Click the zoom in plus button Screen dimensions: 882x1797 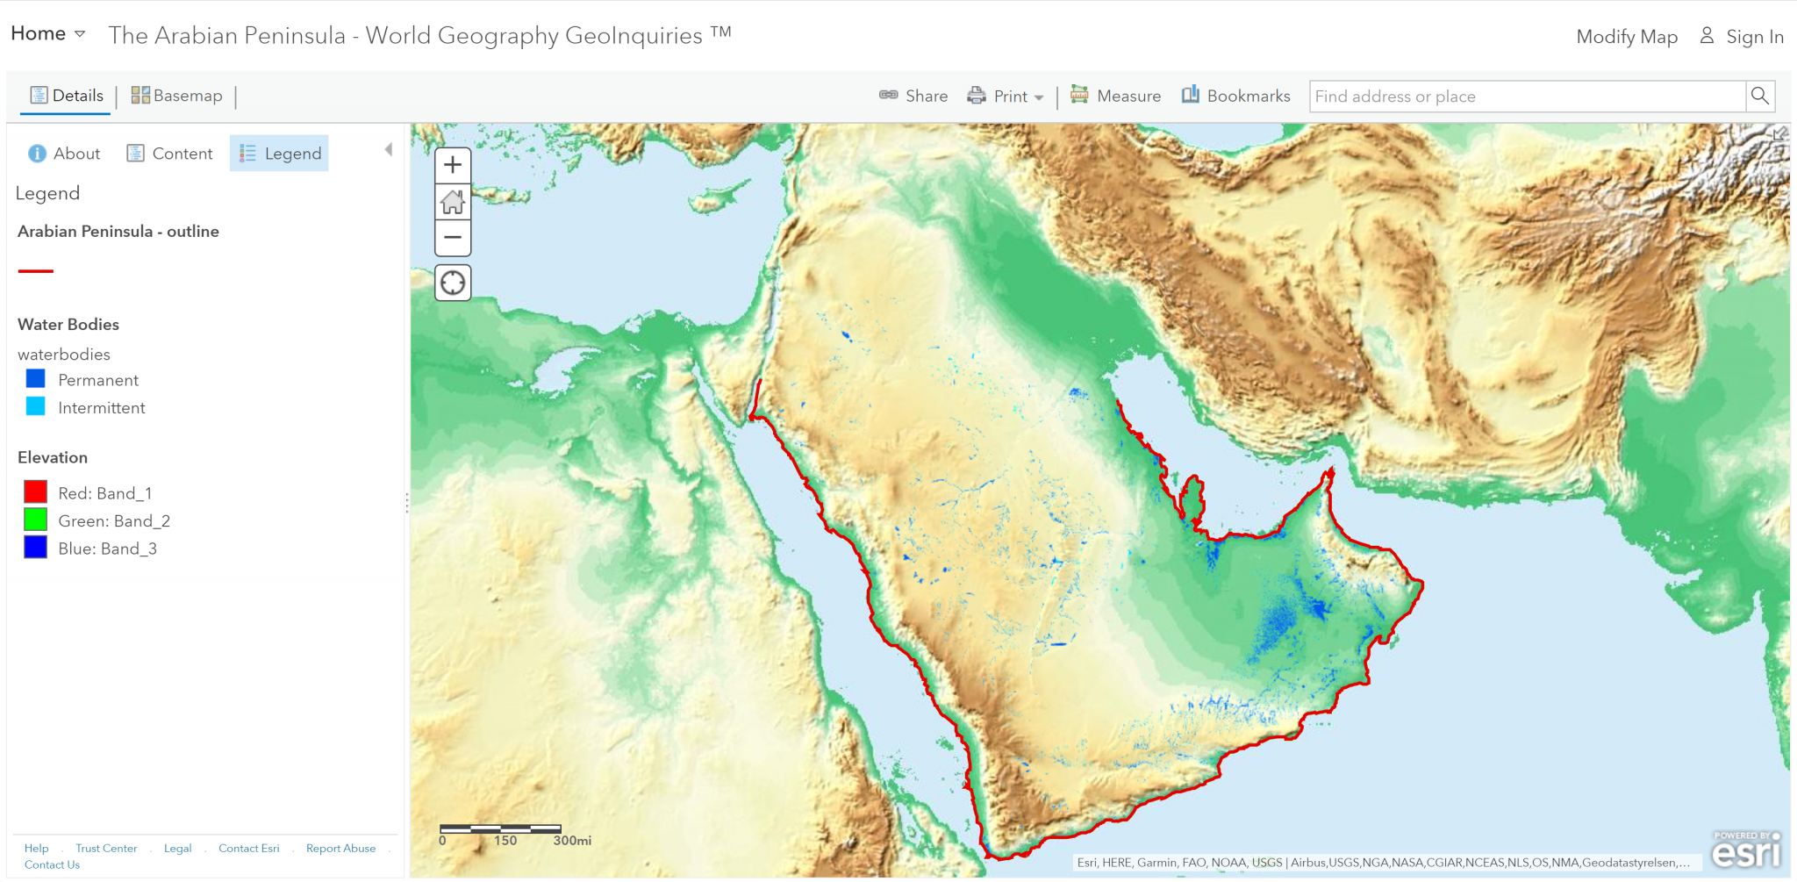(x=453, y=165)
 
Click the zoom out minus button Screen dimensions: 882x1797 (x=453, y=237)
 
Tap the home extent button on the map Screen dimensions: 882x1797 (x=453, y=202)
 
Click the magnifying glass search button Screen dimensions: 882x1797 (x=1759, y=96)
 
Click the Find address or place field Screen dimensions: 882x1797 (x=1527, y=97)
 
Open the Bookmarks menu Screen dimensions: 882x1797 (x=1235, y=96)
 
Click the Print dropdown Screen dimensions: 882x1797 (x=1006, y=97)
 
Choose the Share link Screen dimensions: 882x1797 (x=913, y=96)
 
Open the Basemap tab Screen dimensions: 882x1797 (x=176, y=96)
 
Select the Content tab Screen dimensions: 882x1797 (x=170, y=154)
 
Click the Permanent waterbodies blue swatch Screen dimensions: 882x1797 (x=35, y=379)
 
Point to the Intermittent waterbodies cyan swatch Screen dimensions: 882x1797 (x=35, y=406)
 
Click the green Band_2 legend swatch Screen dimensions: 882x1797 (x=35, y=520)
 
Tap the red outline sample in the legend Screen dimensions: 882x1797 (x=36, y=271)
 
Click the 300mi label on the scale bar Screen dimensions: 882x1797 (x=572, y=841)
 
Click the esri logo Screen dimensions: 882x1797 (x=1746, y=850)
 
